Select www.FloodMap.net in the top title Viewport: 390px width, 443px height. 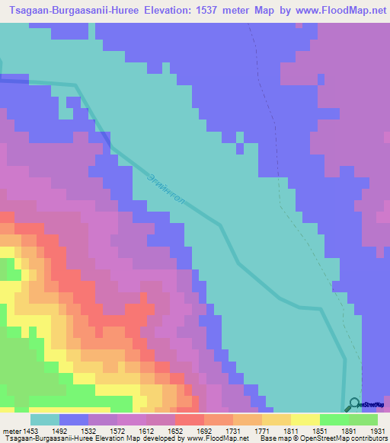click(x=335, y=10)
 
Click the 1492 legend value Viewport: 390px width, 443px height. click(x=60, y=431)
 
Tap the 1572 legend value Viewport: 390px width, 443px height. click(x=118, y=431)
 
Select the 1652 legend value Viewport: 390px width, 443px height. click(x=176, y=431)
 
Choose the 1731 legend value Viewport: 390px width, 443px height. click(x=234, y=431)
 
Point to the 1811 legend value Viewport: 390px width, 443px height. click(x=292, y=431)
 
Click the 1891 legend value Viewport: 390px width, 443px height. click(x=350, y=431)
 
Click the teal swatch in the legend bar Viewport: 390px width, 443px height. click(x=45, y=419)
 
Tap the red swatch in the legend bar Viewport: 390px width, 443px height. click(x=190, y=419)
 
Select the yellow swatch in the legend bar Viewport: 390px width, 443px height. click(x=305, y=419)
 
